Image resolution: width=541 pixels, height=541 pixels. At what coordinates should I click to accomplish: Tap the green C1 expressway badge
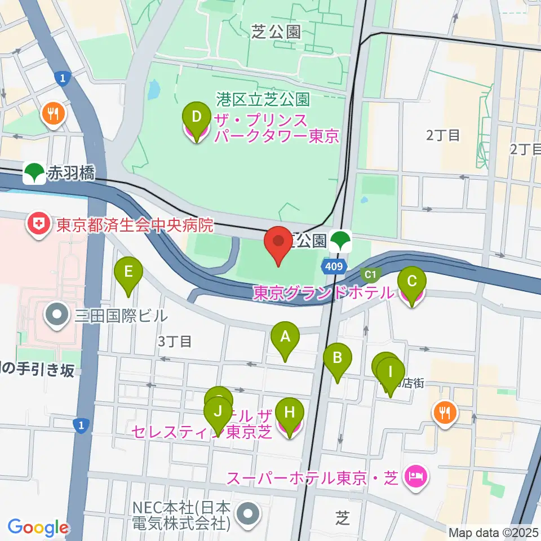[370, 274]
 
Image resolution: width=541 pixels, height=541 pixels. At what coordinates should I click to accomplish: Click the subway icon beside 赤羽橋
[36, 173]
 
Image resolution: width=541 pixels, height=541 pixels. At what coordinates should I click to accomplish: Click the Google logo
[38, 528]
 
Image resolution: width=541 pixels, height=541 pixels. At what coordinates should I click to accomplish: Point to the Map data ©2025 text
[493, 532]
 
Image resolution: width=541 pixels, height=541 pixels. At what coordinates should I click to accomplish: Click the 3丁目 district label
[175, 342]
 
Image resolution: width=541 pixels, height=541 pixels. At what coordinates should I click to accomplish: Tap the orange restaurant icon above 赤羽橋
[54, 114]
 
